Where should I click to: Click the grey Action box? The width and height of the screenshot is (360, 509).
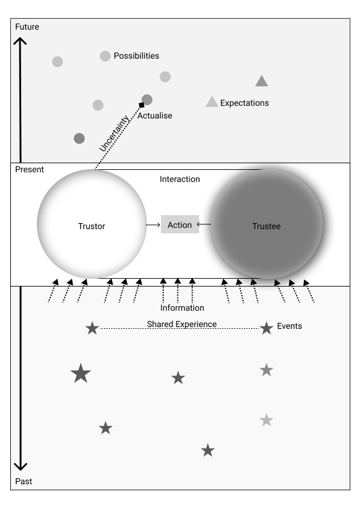coord(180,224)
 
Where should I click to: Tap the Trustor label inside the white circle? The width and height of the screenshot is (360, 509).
coord(91,226)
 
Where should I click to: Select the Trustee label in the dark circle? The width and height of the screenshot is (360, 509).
coord(266,226)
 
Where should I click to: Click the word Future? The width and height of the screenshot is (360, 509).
coord(27,27)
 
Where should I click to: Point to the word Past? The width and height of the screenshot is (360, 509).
coord(24,481)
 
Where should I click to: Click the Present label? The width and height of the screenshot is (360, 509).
coord(30,169)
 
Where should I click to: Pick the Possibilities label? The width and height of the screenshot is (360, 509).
coord(137,56)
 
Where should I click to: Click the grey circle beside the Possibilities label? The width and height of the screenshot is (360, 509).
coord(105,56)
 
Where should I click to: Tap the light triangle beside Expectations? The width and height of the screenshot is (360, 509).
coord(212,102)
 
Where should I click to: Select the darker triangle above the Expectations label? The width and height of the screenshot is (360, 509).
coord(261,81)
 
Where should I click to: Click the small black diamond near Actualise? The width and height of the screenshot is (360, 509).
coord(142,105)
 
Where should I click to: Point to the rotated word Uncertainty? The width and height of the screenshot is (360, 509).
coord(114,134)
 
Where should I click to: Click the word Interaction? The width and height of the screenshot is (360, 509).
coord(180,179)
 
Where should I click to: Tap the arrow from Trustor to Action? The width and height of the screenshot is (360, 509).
coord(153,225)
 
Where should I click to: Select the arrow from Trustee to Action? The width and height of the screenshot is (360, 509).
coord(204,224)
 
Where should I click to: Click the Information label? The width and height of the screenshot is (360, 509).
coord(182,308)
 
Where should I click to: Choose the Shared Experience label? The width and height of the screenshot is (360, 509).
coord(182,324)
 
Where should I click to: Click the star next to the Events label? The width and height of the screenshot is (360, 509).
coord(266,328)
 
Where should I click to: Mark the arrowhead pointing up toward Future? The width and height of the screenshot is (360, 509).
coord(20,41)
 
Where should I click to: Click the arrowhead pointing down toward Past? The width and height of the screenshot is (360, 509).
coord(21,467)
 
